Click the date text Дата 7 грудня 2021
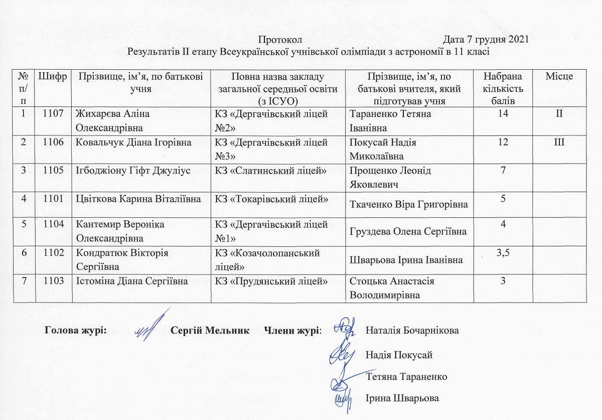pyautogui.click(x=487, y=40)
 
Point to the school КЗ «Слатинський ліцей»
pyautogui.click(x=271, y=171)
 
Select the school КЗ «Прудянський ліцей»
pyautogui.click(x=271, y=282)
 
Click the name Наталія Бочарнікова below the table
pyautogui.click(x=412, y=331)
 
